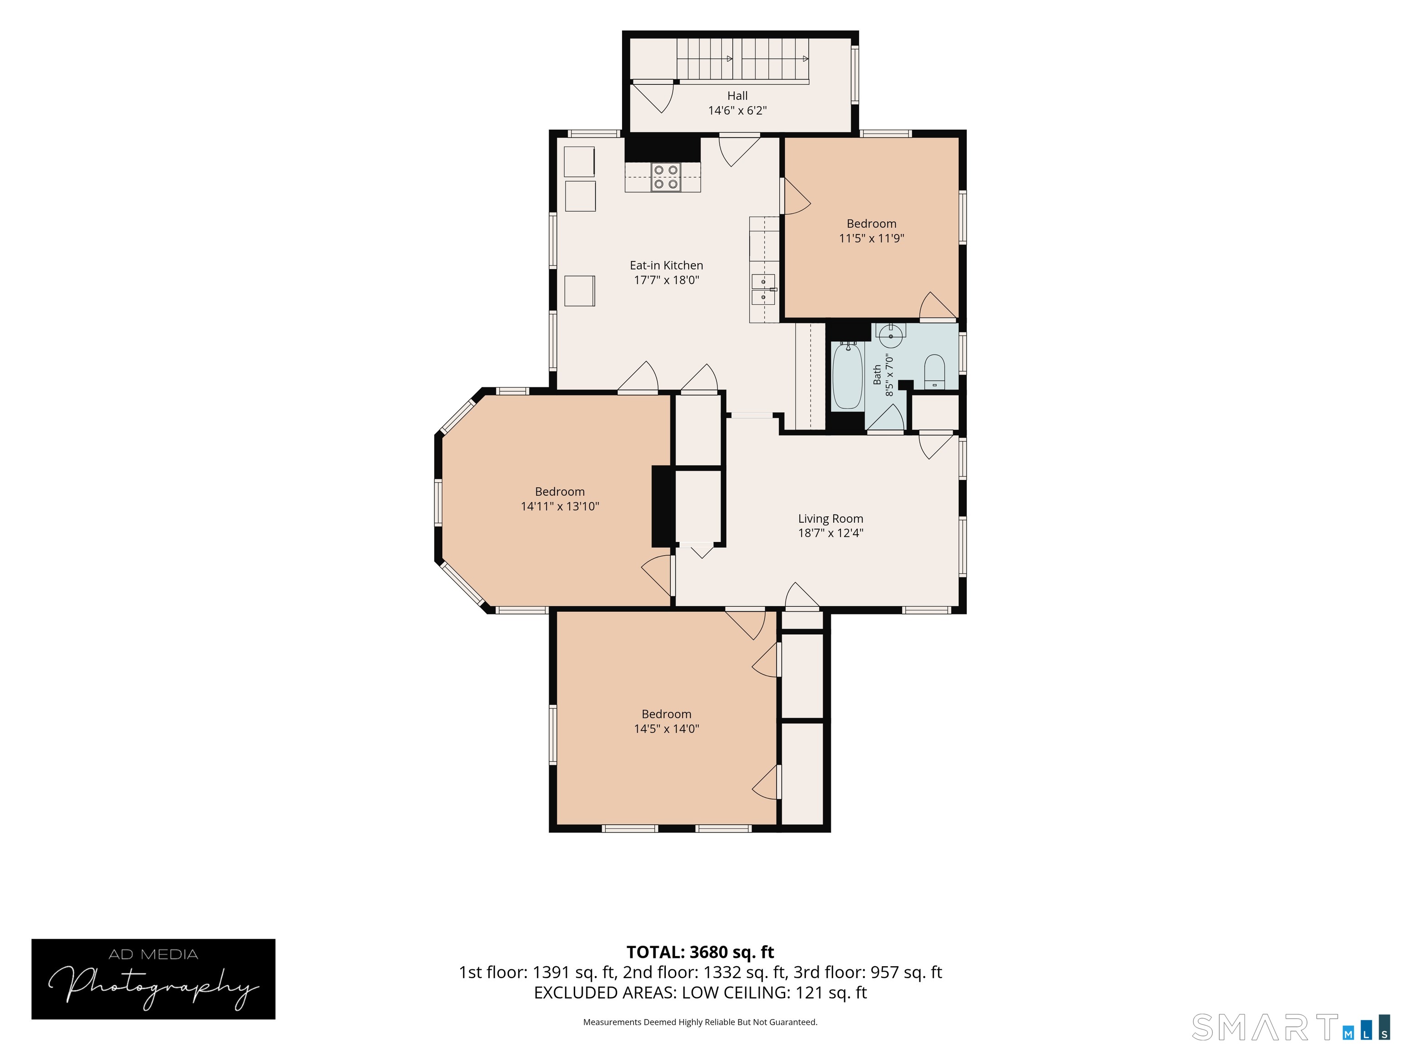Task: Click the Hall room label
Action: tap(737, 96)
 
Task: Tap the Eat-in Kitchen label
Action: tap(666, 265)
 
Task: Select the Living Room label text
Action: tap(830, 519)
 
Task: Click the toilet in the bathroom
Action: tap(934, 372)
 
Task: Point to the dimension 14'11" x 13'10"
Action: tap(560, 506)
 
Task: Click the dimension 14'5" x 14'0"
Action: tap(666, 728)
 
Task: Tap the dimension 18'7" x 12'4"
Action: tap(830, 533)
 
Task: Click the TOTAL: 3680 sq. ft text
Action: tap(700, 952)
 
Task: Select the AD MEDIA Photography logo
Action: tap(153, 979)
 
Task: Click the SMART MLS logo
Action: tap(1290, 1027)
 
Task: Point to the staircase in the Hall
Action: tap(743, 61)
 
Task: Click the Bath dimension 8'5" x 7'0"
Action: tap(889, 376)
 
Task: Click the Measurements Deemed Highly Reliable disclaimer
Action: tap(700, 1022)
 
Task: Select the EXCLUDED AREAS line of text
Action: tap(700, 993)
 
